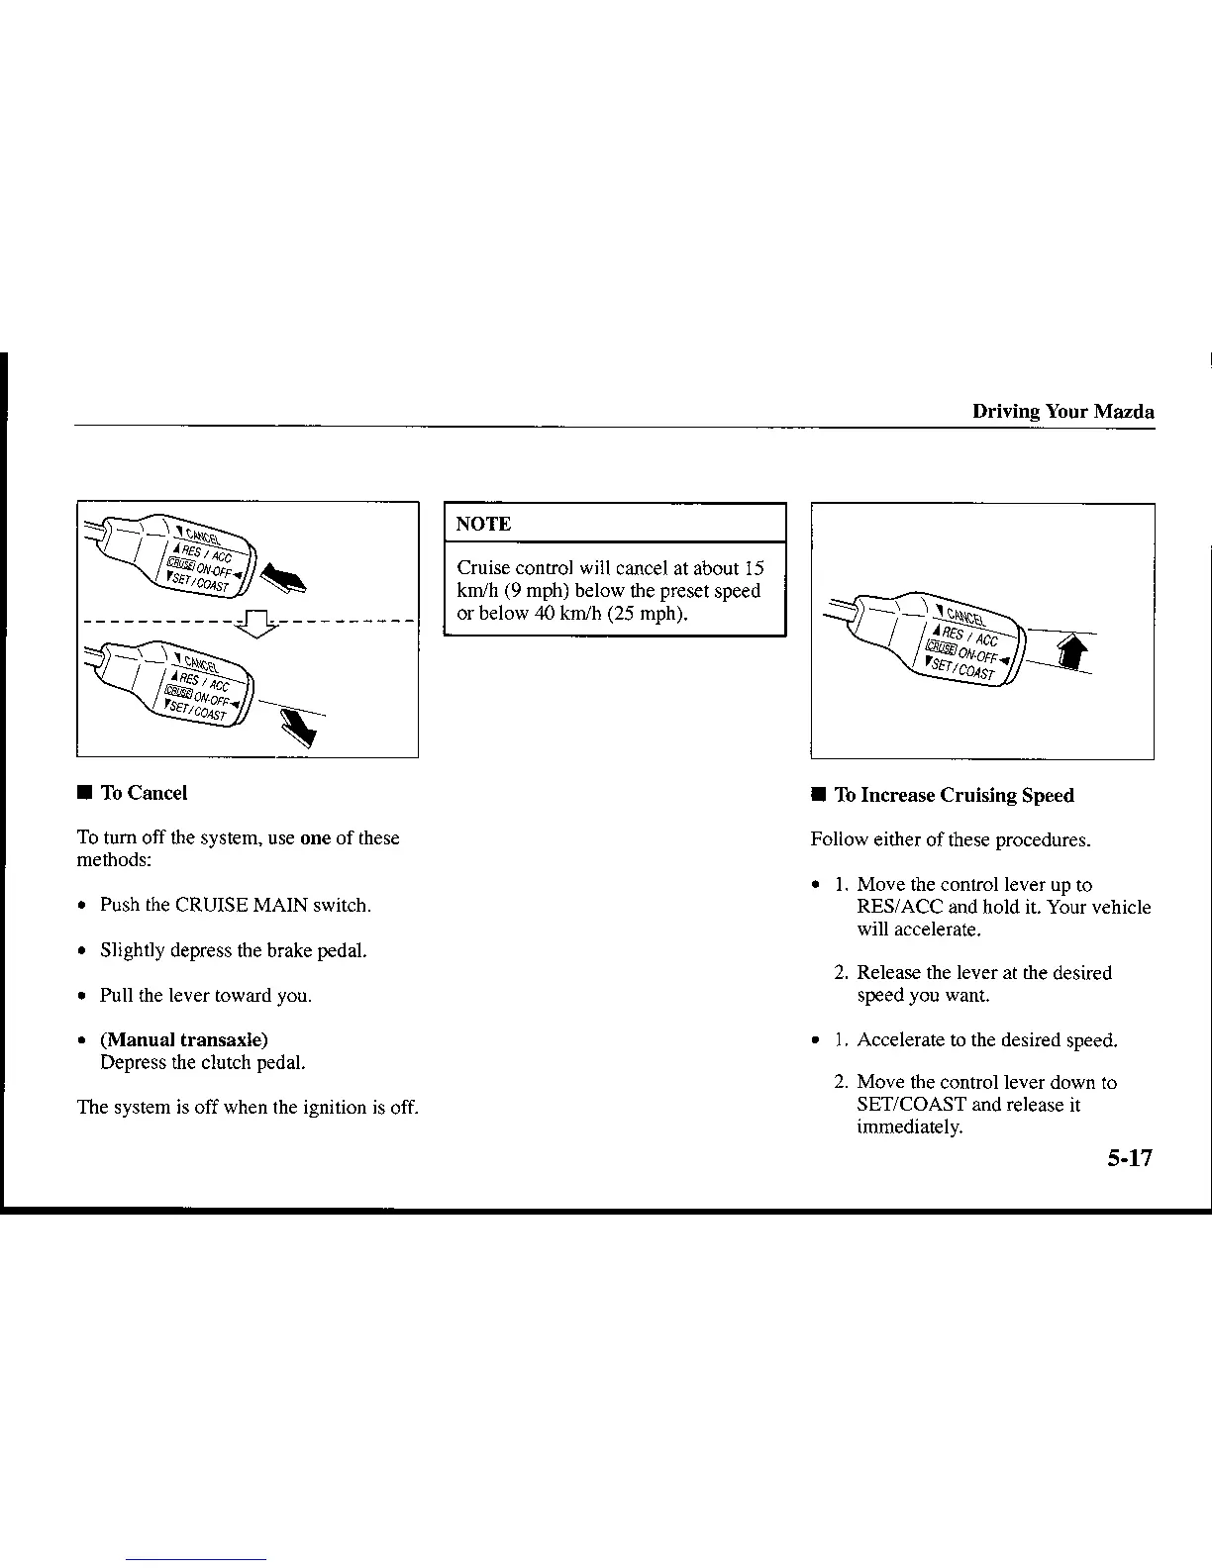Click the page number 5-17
1130,1158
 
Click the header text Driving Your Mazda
1062,412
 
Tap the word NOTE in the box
483,525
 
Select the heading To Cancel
144,793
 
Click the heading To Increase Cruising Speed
954,796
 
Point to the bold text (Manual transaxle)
184,1040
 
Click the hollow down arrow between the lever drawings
255,623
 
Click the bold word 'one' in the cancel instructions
315,838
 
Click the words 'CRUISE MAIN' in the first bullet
241,906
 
